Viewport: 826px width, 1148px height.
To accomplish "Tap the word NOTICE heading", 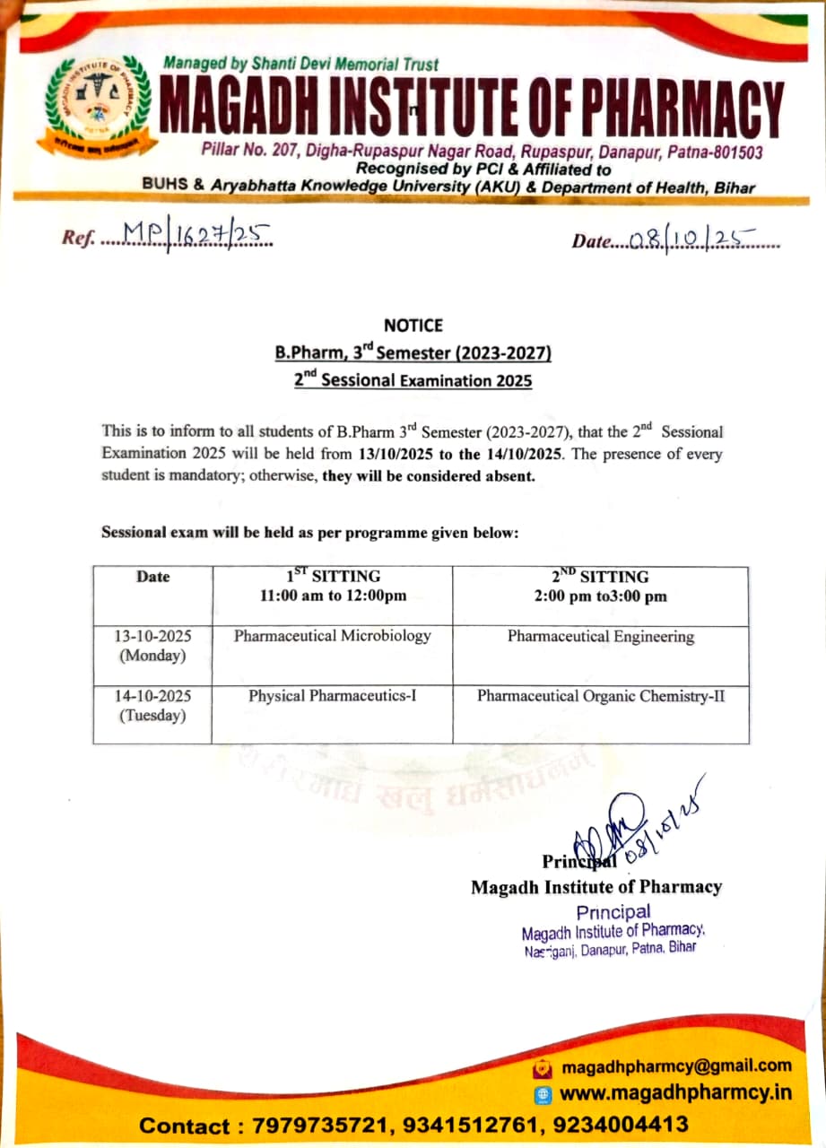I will click(x=413, y=326).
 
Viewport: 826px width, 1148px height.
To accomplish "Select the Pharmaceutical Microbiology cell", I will click(x=332, y=637).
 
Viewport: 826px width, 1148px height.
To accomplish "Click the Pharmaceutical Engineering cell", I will click(x=600, y=637).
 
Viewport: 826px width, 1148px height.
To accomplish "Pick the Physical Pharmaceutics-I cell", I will click(x=332, y=696).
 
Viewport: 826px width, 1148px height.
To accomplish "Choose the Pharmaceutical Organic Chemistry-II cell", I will click(x=600, y=696).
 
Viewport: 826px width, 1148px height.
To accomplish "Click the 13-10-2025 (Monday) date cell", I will click(x=152, y=646).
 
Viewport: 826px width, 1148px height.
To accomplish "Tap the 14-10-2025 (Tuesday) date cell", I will click(x=152, y=705).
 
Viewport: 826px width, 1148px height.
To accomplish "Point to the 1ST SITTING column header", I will click(x=332, y=586).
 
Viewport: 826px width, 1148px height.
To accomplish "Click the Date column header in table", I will click(x=152, y=577).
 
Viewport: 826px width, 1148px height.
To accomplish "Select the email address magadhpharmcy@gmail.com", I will click(x=676, y=1066).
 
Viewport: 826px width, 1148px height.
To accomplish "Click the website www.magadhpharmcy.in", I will click(x=675, y=1094).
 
